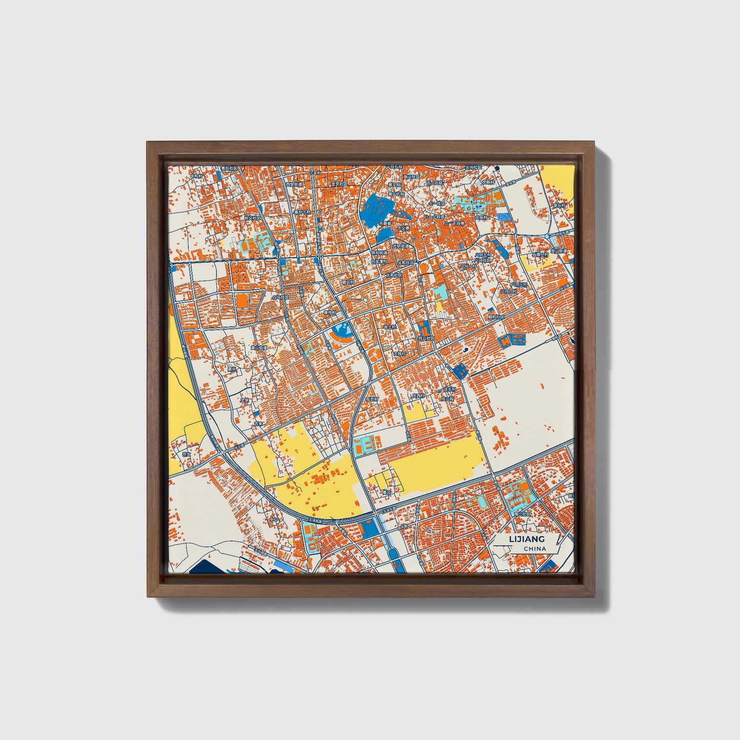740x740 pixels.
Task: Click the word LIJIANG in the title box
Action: coord(526,539)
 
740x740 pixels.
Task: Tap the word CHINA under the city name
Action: coord(535,549)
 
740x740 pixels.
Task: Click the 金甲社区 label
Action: coord(340,183)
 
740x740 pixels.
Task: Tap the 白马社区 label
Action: coord(281,297)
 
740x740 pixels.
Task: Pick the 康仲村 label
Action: coord(330,312)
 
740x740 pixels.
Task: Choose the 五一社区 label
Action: coord(434,183)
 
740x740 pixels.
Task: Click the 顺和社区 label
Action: coord(495,316)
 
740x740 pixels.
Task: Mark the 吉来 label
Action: coord(259,424)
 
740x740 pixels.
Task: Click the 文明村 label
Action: coord(490,182)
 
